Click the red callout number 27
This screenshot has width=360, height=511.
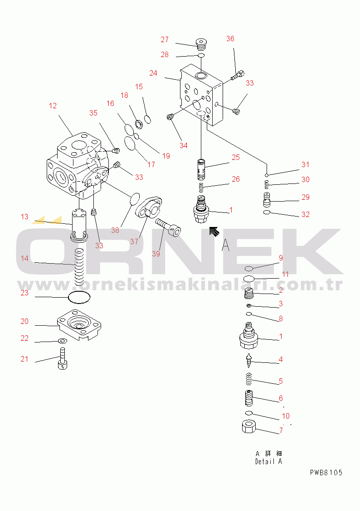[165, 39]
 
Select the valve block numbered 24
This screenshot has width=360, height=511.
[201, 95]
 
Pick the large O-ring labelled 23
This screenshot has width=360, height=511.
[79, 297]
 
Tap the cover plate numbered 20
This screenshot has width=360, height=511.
[79, 325]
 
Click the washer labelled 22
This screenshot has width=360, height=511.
[62, 341]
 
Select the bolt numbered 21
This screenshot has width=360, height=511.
[63, 358]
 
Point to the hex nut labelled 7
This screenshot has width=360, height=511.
[249, 427]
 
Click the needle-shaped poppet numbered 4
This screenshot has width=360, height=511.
[249, 361]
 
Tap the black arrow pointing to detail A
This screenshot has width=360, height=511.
[214, 231]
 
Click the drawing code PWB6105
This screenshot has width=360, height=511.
[326, 472]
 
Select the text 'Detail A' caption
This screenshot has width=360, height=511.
[269, 462]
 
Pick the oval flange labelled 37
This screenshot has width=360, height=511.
[149, 207]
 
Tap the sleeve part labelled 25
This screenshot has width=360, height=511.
[202, 169]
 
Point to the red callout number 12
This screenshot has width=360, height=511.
[53, 106]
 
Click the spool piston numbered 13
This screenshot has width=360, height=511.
[79, 225]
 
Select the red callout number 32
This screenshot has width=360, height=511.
[306, 214]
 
